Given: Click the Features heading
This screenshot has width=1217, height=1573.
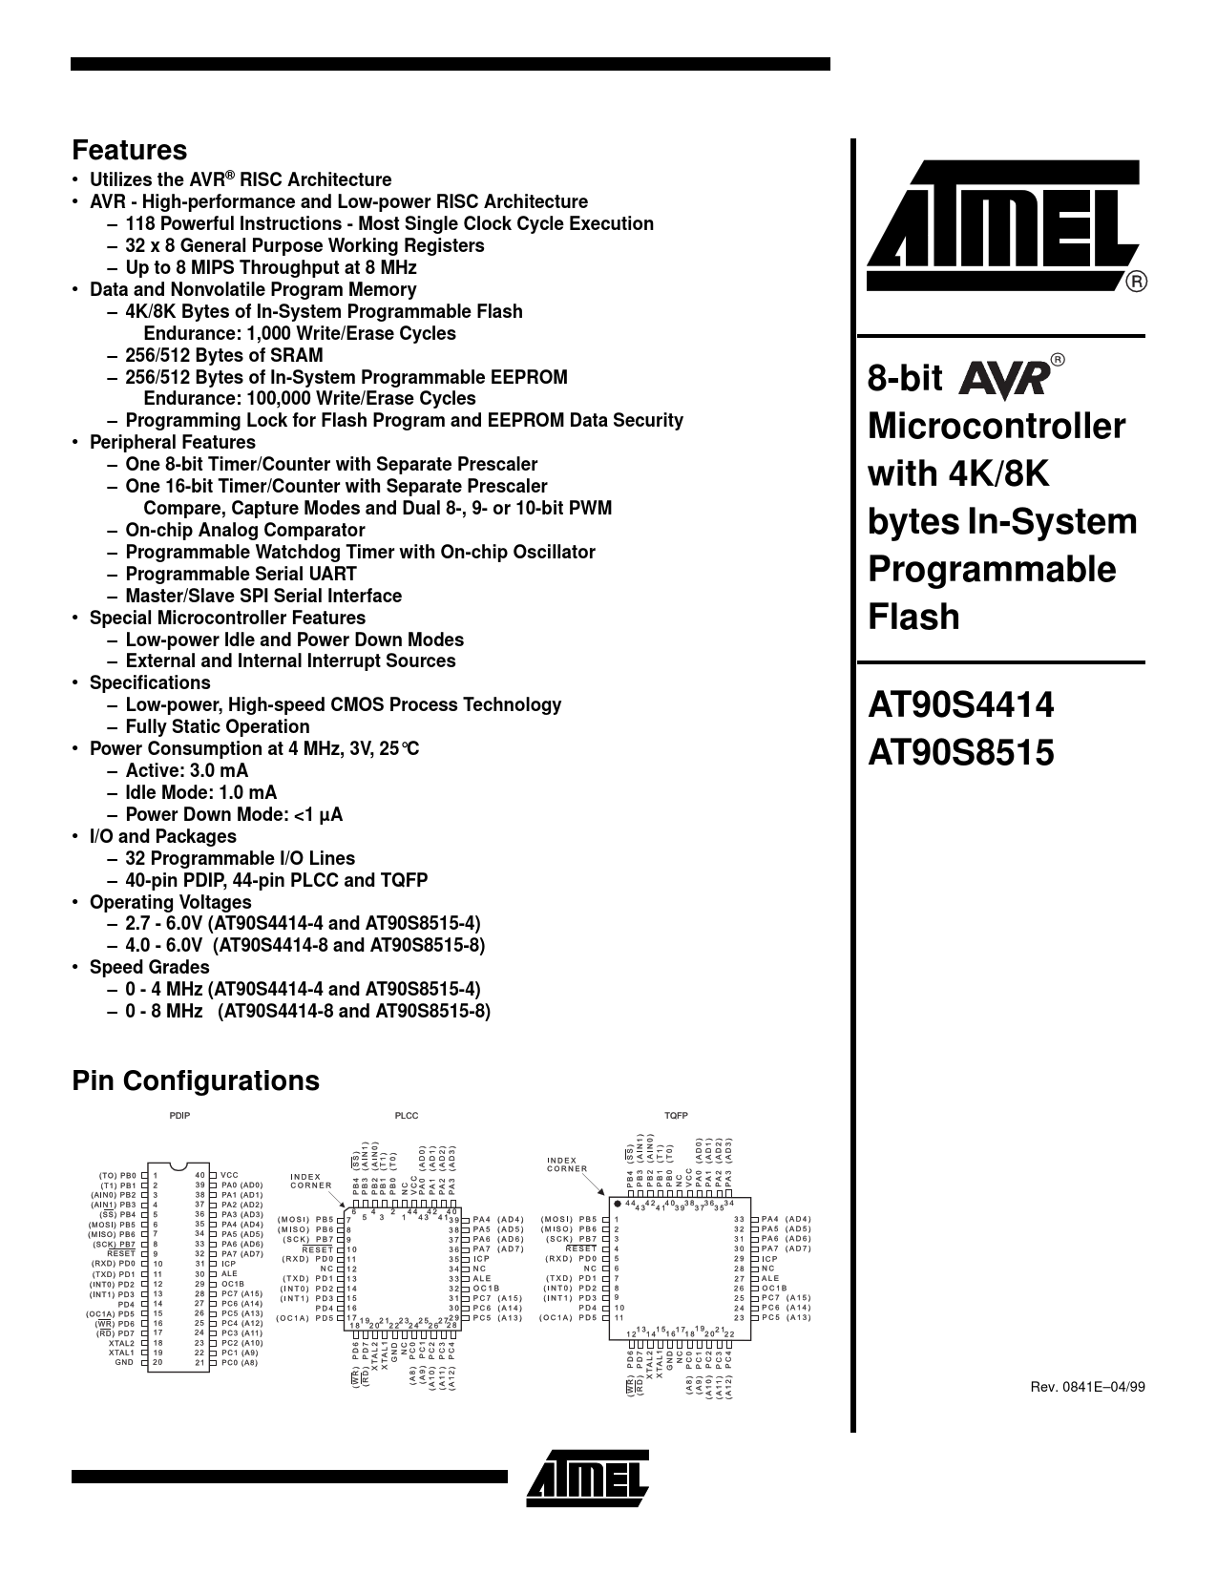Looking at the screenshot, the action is tap(130, 151).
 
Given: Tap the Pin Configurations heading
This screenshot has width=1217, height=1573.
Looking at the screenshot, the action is tap(196, 1080).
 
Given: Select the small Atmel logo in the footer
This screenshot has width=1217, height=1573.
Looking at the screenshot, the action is tap(588, 1478).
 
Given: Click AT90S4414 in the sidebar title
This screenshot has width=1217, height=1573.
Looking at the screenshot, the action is tap(960, 704).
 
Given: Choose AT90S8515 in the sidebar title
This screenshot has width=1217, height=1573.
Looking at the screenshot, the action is tap(960, 752).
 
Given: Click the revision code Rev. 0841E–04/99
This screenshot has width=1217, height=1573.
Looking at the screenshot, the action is tap(1087, 1387).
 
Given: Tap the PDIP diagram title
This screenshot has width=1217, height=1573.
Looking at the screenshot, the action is tap(179, 1116).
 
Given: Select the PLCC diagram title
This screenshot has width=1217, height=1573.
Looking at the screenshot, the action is tap(406, 1116).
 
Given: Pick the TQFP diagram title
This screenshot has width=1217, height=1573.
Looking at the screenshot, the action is tap(676, 1116).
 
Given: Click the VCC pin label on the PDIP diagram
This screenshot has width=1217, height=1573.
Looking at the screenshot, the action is tap(229, 1175).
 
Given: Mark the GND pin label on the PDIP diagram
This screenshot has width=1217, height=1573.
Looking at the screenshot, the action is tap(124, 1362).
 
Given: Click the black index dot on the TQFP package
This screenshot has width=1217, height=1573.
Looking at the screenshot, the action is tap(618, 1203).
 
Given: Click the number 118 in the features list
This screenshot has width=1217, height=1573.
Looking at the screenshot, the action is tap(140, 223).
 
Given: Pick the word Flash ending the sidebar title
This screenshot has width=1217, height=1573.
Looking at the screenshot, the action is tap(913, 618).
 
